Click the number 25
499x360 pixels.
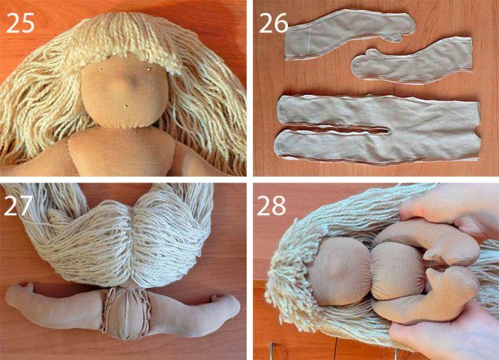click(20, 23)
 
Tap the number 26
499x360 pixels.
click(273, 23)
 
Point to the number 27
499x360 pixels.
click(19, 205)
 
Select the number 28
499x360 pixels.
click(272, 205)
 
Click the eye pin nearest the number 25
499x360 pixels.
click(101, 68)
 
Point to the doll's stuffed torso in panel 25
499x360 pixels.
click(122, 152)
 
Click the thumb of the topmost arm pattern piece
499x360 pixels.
click(395, 38)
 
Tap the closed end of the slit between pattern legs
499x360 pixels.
click(388, 130)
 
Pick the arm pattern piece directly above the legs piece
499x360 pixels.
click(412, 62)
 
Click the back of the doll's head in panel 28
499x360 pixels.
click(339, 271)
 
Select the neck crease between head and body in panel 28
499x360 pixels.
click(371, 271)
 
